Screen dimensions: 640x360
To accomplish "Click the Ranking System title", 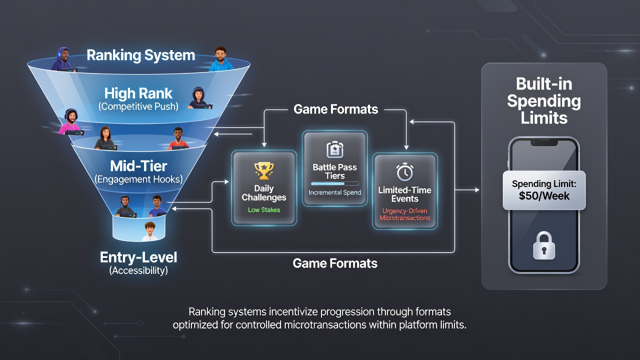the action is click(141, 55).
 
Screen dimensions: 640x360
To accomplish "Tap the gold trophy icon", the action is click(263, 170).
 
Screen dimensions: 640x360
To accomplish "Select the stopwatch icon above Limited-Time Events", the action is click(405, 172).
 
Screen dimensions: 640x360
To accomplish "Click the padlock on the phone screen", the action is click(544, 245).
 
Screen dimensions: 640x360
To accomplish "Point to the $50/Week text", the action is click(544, 196).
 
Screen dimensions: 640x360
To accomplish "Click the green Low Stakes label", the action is click(263, 210).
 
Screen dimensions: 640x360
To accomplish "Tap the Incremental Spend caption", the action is click(335, 192).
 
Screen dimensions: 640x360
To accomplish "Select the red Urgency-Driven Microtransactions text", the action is click(405, 214).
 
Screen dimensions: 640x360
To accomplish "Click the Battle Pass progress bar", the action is click(335, 183).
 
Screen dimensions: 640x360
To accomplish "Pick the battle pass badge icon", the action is click(335, 149).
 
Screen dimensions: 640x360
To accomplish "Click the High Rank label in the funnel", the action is click(138, 93).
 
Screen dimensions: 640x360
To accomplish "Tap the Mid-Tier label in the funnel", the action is click(138, 166).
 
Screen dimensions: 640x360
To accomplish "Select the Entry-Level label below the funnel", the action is click(138, 257).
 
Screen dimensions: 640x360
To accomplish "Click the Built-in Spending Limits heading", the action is click(544, 101).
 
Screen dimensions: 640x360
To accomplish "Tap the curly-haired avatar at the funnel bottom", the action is click(150, 231).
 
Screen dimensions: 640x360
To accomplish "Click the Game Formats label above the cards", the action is click(335, 109).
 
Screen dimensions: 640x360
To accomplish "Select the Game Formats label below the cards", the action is click(335, 263).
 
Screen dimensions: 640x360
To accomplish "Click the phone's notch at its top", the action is click(544, 142).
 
